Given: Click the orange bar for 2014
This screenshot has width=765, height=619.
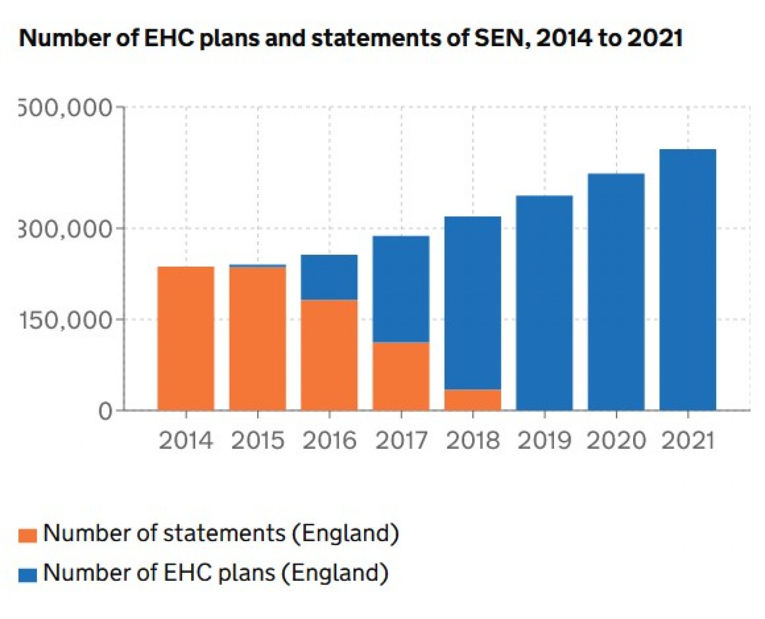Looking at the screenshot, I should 186,338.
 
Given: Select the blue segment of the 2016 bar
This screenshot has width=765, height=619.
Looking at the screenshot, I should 329,277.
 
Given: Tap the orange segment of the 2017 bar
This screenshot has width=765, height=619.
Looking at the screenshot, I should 401,376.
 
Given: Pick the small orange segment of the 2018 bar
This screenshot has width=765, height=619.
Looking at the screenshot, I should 473,400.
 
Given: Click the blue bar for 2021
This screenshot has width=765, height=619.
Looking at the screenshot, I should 688,279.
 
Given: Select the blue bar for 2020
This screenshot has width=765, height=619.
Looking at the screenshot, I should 616,291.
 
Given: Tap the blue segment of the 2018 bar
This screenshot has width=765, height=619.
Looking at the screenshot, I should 473,303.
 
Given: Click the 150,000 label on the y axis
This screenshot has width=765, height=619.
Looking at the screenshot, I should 65,320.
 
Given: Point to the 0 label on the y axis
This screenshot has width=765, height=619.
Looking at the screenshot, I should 105,411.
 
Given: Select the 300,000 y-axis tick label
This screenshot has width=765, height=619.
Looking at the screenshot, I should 65,229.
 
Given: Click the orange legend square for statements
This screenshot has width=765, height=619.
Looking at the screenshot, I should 27,535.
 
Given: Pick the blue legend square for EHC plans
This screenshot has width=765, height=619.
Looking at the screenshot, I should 27,575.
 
